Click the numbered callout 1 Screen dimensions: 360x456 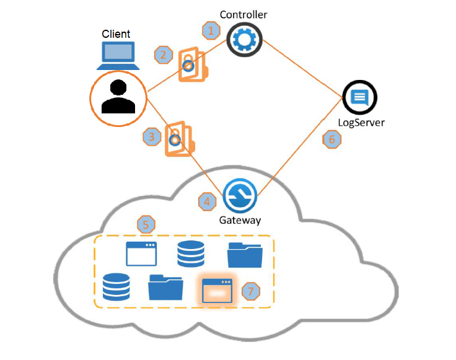(212, 29)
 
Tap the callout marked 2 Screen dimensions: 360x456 (164, 55)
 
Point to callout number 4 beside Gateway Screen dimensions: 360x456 (208, 201)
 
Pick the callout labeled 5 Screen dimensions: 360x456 (146, 224)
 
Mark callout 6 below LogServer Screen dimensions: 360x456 (332, 139)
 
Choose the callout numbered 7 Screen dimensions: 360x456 (250, 291)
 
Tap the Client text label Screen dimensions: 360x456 (116, 33)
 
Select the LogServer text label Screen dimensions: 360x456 (361, 122)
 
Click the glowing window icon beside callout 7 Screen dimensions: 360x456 (217, 290)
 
